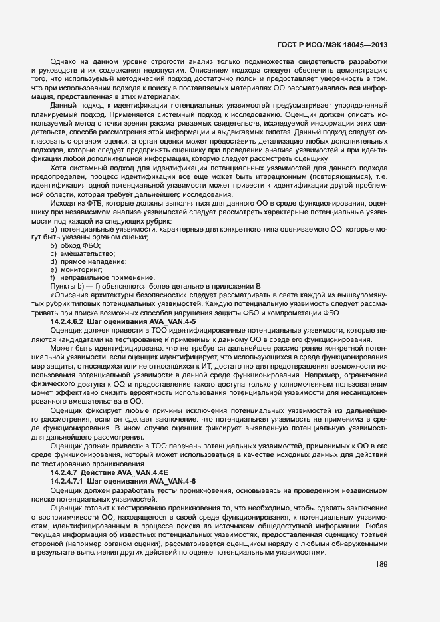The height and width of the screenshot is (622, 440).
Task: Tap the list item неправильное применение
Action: point(97,278)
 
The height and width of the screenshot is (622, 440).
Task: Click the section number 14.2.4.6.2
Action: point(72,321)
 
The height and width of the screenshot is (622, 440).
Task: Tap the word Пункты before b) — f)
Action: point(64,286)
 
